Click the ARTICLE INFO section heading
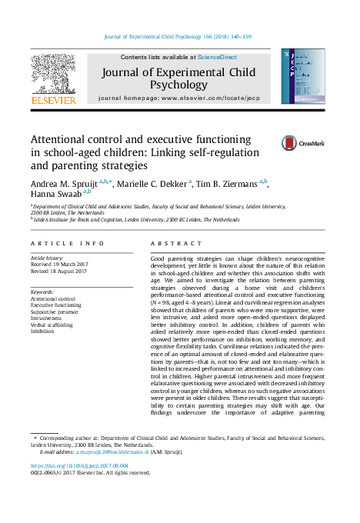pyautogui.click(x=68, y=243)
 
